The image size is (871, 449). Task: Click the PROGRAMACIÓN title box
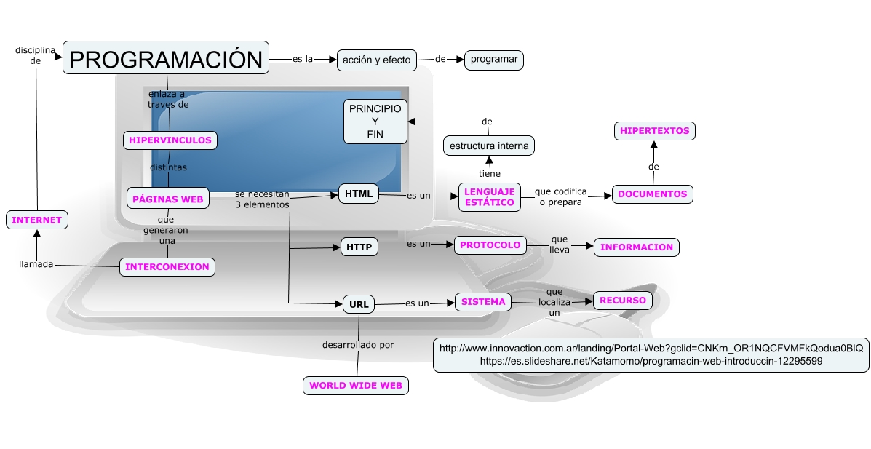pos(166,58)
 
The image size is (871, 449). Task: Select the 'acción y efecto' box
pos(376,60)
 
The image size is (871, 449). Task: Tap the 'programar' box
pos(494,60)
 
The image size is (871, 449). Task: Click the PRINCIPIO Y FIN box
pos(375,121)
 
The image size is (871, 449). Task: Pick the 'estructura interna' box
pos(489,146)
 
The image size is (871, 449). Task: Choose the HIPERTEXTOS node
pos(654,131)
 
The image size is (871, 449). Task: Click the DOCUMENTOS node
pos(653,194)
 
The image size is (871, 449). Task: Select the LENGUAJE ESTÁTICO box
pos(490,197)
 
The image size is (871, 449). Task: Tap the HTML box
pos(359,194)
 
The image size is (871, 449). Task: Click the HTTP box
pos(359,247)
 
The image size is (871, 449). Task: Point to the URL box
pos(359,304)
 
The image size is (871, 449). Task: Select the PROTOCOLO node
pos(490,245)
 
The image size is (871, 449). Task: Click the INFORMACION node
pos(637,247)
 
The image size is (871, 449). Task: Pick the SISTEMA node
pos(483,301)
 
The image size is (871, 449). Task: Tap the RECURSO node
pos(622,300)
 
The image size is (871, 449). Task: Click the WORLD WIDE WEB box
pos(355,386)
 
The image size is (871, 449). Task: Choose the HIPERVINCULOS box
pos(170,140)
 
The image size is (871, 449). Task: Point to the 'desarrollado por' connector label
pos(358,345)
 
